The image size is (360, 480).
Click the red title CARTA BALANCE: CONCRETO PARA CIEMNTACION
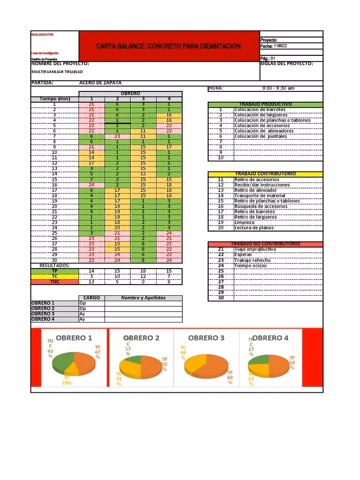[x=168, y=46]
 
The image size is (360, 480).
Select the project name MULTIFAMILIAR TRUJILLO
[x=57, y=72]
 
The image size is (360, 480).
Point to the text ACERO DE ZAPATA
[x=100, y=82]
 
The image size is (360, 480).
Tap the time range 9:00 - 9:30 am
[x=278, y=88]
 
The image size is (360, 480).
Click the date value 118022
[x=281, y=46]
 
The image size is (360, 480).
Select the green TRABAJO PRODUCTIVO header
[x=265, y=104]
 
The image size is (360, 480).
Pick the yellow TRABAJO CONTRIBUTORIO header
[x=265, y=174]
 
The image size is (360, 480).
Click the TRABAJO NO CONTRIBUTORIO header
[x=265, y=244]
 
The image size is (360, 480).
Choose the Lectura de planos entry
[x=254, y=228]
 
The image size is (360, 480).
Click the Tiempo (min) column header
[x=54, y=99]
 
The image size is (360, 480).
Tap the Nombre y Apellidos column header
[x=143, y=298]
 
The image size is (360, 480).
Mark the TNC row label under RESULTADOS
[x=54, y=282]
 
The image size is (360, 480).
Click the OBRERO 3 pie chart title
[x=206, y=338]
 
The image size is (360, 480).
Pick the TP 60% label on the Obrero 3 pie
[x=230, y=377]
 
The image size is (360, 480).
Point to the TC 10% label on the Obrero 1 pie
[x=67, y=380]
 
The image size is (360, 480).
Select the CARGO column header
[x=91, y=298]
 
